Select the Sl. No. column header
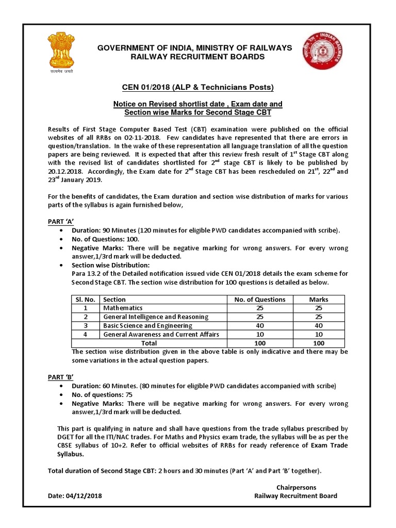(84, 299)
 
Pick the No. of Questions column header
(259, 299)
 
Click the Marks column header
(318, 299)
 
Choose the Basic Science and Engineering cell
(148, 325)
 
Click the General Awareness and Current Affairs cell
(161, 334)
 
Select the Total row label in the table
(150, 343)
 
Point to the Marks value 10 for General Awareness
(318, 334)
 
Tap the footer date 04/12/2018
(84, 496)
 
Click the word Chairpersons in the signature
(296, 487)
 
